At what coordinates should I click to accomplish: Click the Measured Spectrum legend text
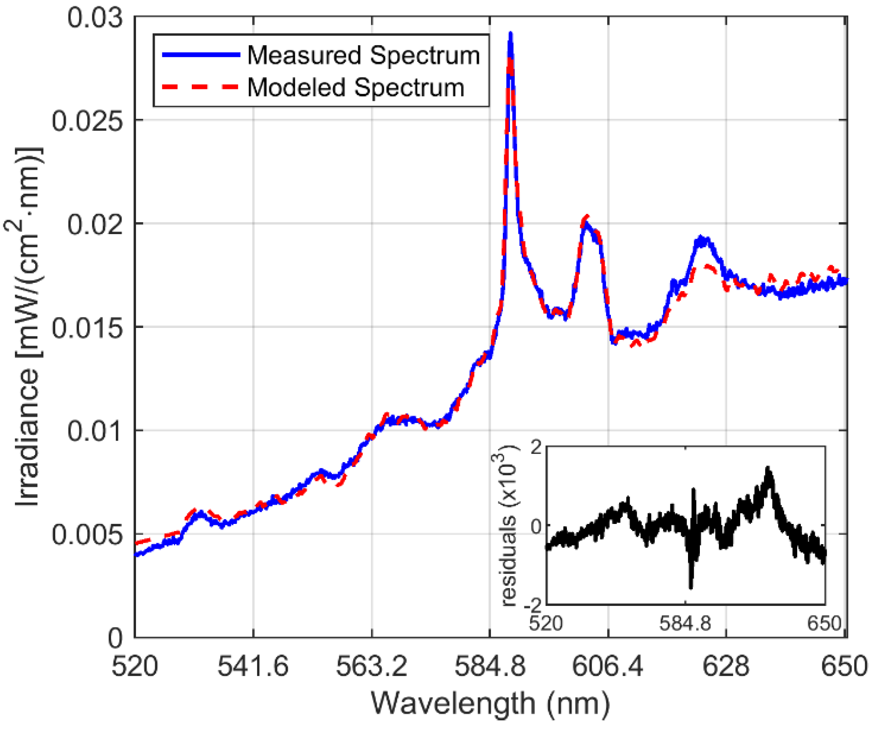363,56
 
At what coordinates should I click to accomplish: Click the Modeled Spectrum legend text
355,87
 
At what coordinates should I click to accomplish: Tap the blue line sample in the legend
201,55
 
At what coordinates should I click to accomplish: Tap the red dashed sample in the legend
201,87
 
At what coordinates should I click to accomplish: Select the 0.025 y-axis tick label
87,121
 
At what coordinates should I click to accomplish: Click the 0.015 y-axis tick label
87,328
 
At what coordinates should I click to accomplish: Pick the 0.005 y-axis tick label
87,535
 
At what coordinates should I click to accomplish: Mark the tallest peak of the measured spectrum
510,34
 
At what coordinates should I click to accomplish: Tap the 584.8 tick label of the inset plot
685,623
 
